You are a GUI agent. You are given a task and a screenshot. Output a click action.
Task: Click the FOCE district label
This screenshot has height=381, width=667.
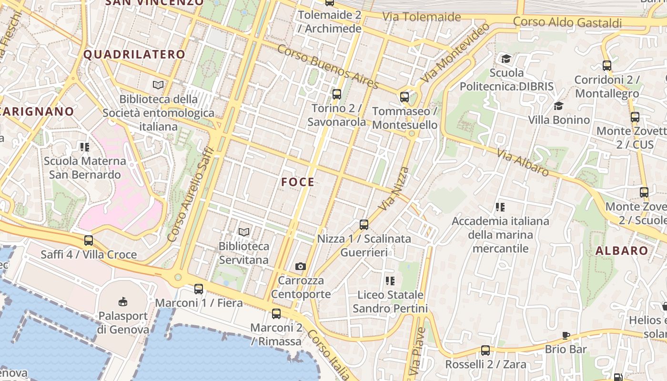coord(298,182)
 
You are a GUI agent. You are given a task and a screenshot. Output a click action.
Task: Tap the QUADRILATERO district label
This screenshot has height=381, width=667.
coord(134,54)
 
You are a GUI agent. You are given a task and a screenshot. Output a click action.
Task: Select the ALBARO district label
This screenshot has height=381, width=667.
coord(622,251)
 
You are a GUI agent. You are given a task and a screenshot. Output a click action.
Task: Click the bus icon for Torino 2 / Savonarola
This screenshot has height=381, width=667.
coord(337,94)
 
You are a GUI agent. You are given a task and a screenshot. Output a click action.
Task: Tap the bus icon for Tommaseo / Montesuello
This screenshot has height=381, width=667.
coord(404,97)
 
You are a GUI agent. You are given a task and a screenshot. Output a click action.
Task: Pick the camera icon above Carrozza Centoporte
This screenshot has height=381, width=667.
coord(301,266)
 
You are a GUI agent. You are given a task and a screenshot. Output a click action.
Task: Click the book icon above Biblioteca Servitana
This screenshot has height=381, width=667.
coord(244,232)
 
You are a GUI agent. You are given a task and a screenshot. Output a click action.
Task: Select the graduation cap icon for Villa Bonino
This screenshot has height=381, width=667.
coord(558,106)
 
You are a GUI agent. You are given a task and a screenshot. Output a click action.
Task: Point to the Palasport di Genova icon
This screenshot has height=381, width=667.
coord(123,301)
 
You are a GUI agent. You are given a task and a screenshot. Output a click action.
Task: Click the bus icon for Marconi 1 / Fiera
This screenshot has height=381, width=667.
coord(199,289)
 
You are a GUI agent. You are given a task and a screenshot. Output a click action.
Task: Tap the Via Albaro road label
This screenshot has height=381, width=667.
coord(523,162)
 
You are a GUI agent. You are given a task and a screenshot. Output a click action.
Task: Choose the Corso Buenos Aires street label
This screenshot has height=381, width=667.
coord(328,67)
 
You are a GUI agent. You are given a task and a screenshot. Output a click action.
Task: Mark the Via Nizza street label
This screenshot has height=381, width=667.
coord(394,189)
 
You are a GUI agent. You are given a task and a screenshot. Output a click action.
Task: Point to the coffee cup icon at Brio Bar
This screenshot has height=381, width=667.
coord(566,335)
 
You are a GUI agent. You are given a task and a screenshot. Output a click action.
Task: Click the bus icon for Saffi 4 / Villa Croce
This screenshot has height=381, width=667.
coord(89,241)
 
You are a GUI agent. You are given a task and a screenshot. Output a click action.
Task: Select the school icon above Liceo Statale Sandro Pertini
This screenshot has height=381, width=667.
coord(390,281)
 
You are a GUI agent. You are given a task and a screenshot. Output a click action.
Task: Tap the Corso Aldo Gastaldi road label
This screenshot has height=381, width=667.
coord(567,22)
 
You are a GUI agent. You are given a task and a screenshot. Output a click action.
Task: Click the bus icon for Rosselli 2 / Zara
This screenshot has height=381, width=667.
coord(485,351)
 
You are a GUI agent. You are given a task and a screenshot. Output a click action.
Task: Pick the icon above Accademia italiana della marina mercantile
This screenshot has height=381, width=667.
coord(500,207)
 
